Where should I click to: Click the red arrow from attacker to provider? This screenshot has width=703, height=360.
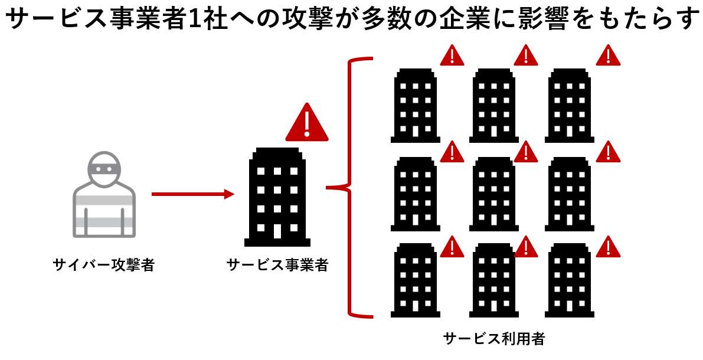pos(193,194)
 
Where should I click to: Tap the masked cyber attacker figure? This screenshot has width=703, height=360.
pos(104,194)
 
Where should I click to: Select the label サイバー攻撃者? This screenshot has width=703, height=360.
pos(103,264)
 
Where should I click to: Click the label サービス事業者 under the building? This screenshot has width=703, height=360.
pos(277,264)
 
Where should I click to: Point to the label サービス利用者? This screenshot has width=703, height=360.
pos(493,338)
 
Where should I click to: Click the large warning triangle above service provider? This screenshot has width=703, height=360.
pos(307,122)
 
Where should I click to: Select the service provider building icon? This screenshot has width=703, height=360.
pos(277,197)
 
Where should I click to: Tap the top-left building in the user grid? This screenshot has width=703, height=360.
pos(415,106)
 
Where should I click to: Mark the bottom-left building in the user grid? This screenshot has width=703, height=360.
pos(415,280)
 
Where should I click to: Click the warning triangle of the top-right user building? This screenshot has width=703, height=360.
pos(608,55)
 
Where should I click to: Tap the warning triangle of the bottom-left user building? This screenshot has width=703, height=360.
pos(452,247)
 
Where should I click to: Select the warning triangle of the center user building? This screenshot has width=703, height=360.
pos(525,152)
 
